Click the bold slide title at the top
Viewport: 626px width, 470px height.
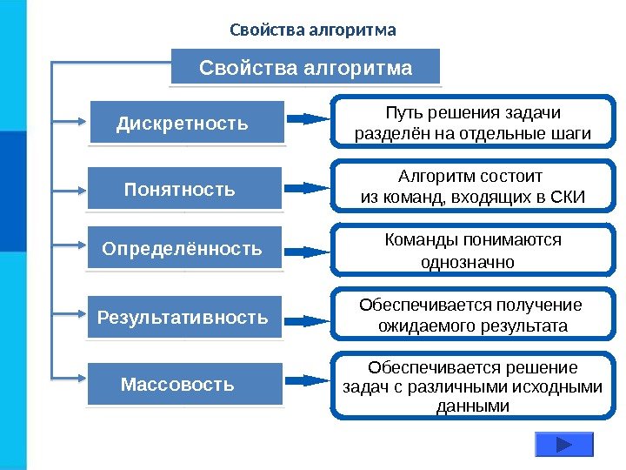click(x=312, y=31)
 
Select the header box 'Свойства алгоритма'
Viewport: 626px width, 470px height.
click(x=306, y=67)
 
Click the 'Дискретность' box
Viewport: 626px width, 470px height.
click(x=187, y=123)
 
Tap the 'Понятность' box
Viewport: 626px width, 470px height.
click(x=184, y=188)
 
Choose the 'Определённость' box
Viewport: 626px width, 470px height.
click(x=185, y=249)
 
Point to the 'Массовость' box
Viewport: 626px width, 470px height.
click(x=185, y=384)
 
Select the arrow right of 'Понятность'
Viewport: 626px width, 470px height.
click(x=308, y=187)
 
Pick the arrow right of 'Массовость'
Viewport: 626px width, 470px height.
click(x=308, y=381)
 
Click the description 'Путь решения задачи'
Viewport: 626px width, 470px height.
click(x=473, y=113)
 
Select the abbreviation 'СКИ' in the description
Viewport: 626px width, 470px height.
click(x=568, y=198)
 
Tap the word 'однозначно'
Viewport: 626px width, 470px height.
click(x=467, y=262)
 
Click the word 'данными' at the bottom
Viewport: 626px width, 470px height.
click(x=472, y=406)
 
